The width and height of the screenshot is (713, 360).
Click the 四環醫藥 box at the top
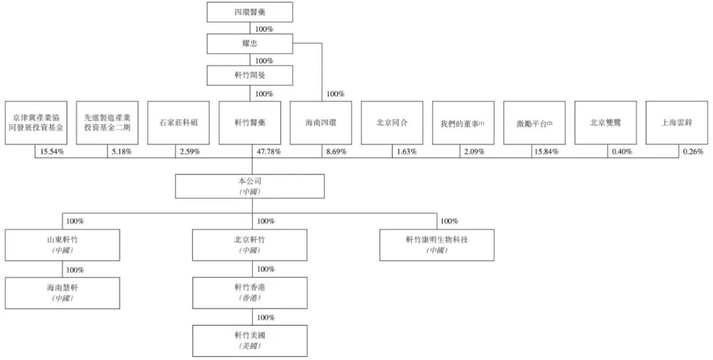[x=250, y=13]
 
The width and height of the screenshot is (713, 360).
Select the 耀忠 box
[x=250, y=44]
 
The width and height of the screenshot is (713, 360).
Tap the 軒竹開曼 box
[x=250, y=75]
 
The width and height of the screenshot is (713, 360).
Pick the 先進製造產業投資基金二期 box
[x=107, y=123]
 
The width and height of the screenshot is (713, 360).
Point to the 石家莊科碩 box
[x=178, y=123]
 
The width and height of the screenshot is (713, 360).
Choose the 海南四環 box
[x=321, y=123]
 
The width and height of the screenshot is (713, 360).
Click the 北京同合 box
[x=392, y=123]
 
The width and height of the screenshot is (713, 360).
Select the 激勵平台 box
[x=535, y=123]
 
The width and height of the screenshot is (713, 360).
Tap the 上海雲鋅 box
[x=677, y=123]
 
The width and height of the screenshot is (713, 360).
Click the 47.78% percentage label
[x=268, y=152]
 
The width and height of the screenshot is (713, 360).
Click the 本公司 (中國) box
[x=250, y=186]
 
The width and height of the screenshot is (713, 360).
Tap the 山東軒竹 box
[x=63, y=244]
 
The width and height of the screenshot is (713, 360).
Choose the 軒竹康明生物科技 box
[x=436, y=244]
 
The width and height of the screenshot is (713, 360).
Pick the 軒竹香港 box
[x=250, y=293]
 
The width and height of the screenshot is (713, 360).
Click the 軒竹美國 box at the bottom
[x=250, y=340]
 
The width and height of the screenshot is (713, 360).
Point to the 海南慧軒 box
[x=63, y=293]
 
